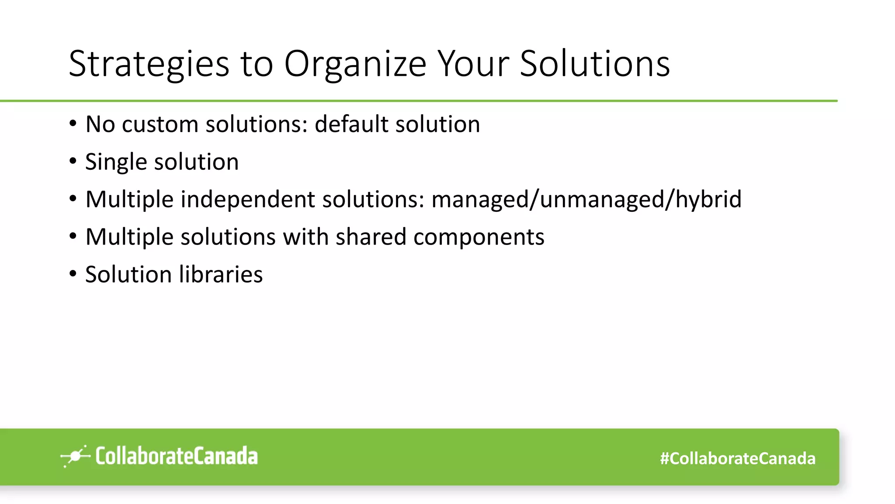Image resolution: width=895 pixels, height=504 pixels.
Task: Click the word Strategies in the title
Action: click(x=149, y=64)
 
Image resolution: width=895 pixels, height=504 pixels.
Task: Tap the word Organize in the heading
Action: click(x=355, y=64)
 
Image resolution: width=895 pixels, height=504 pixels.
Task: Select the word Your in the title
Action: click(x=473, y=63)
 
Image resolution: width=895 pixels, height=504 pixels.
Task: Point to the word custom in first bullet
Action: click(x=160, y=124)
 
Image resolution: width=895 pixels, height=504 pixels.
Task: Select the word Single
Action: click(x=115, y=162)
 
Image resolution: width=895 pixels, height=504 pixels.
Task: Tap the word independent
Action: click(x=247, y=199)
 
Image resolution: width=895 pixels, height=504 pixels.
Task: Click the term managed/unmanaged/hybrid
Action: click(x=586, y=199)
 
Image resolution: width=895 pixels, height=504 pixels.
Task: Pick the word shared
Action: click(x=371, y=237)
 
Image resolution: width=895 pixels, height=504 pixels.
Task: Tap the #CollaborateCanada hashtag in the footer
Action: click(x=738, y=458)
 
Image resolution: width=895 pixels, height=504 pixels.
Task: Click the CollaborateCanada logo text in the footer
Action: click(x=177, y=456)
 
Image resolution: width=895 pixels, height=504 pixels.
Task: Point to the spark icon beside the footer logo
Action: click(x=75, y=456)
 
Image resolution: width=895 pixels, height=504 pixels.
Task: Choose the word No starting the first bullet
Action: click(x=100, y=124)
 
